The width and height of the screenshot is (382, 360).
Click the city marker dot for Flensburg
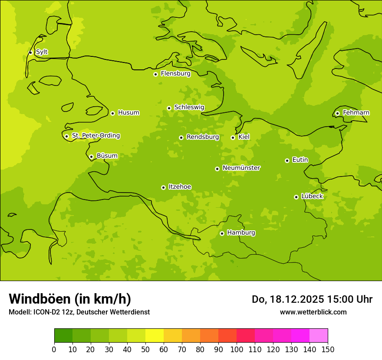[x=155, y=74]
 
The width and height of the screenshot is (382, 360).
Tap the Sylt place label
[x=42, y=52]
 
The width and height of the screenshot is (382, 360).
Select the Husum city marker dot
[x=112, y=113]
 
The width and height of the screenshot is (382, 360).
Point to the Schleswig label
[x=189, y=107]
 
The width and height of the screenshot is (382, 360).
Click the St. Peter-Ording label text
[x=95, y=136]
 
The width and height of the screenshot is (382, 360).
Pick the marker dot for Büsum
[x=91, y=157]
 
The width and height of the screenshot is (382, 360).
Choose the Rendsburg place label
[x=203, y=137]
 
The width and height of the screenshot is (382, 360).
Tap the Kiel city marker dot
[x=233, y=137]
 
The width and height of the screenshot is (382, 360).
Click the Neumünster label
[x=241, y=168]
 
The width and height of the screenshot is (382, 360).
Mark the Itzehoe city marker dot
[x=163, y=187]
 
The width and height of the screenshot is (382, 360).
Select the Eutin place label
[x=300, y=160]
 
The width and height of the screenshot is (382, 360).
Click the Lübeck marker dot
[x=296, y=197]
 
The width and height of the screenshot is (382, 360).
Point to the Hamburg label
[x=241, y=233]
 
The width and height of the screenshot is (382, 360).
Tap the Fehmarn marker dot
[x=337, y=113]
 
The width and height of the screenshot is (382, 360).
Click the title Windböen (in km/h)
[x=70, y=299]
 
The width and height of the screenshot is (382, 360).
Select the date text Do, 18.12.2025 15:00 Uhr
[x=312, y=299]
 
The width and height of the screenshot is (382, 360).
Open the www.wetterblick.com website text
[x=313, y=312]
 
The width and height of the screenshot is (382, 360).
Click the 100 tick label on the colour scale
[x=237, y=349]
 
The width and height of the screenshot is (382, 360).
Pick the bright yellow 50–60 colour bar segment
[x=154, y=336]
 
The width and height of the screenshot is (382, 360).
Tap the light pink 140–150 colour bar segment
[x=318, y=336]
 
